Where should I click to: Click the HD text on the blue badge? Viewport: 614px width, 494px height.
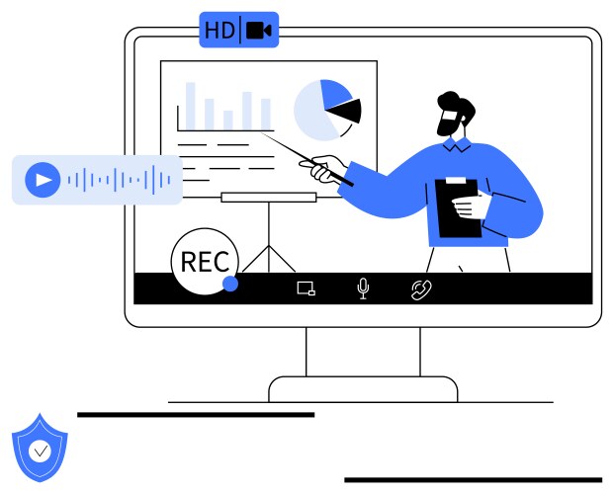click(x=219, y=31)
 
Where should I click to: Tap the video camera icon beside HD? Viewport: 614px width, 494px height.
click(x=258, y=31)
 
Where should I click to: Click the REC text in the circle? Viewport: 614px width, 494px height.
click(x=205, y=262)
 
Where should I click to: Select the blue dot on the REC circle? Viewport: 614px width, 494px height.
click(x=230, y=284)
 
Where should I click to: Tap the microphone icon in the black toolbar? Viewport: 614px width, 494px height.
click(x=364, y=288)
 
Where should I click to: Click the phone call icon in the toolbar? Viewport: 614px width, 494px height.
click(x=421, y=290)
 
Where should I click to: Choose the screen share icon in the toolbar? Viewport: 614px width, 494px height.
click(x=307, y=288)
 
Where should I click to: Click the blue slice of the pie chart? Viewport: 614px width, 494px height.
click(x=335, y=93)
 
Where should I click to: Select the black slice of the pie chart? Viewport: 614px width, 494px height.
click(x=346, y=111)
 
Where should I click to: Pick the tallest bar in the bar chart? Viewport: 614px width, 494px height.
click(x=190, y=106)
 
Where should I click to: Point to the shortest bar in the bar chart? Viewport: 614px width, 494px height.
click(x=228, y=121)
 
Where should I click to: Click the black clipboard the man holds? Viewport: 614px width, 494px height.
click(x=458, y=208)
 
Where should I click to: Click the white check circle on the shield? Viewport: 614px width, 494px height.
click(x=40, y=451)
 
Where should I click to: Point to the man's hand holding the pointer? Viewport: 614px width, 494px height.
click(x=324, y=169)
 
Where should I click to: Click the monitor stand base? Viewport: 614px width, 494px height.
click(x=363, y=389)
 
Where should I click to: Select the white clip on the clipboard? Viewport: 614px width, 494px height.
click(x=456, y=180)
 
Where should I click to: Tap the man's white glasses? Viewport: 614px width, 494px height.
click(x=450, y=116)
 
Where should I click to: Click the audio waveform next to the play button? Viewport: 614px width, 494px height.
click(x=119, y=180)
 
